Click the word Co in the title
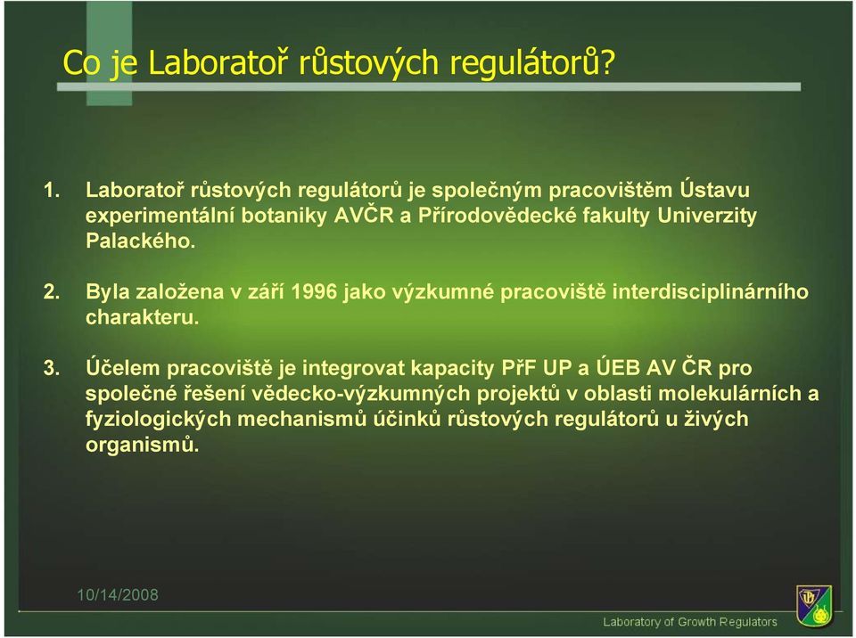[x=82, y=62]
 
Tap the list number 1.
[x=52, y=190]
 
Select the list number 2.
[x=52, y=291]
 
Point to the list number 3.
[x=52, y=368]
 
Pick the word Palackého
[x=140, y=241]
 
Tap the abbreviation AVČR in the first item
[x=364, y=215]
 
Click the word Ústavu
[x=714, y=189]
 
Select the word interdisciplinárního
[x=711, y=292]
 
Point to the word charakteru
[x=142, y=317]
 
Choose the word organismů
[x=142, y=445]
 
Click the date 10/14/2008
[x=118, y=595]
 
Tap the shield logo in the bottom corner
[x=814, y=606]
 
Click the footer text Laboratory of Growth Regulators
[x=690, y=622]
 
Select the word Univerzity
[x=707, y=216]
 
